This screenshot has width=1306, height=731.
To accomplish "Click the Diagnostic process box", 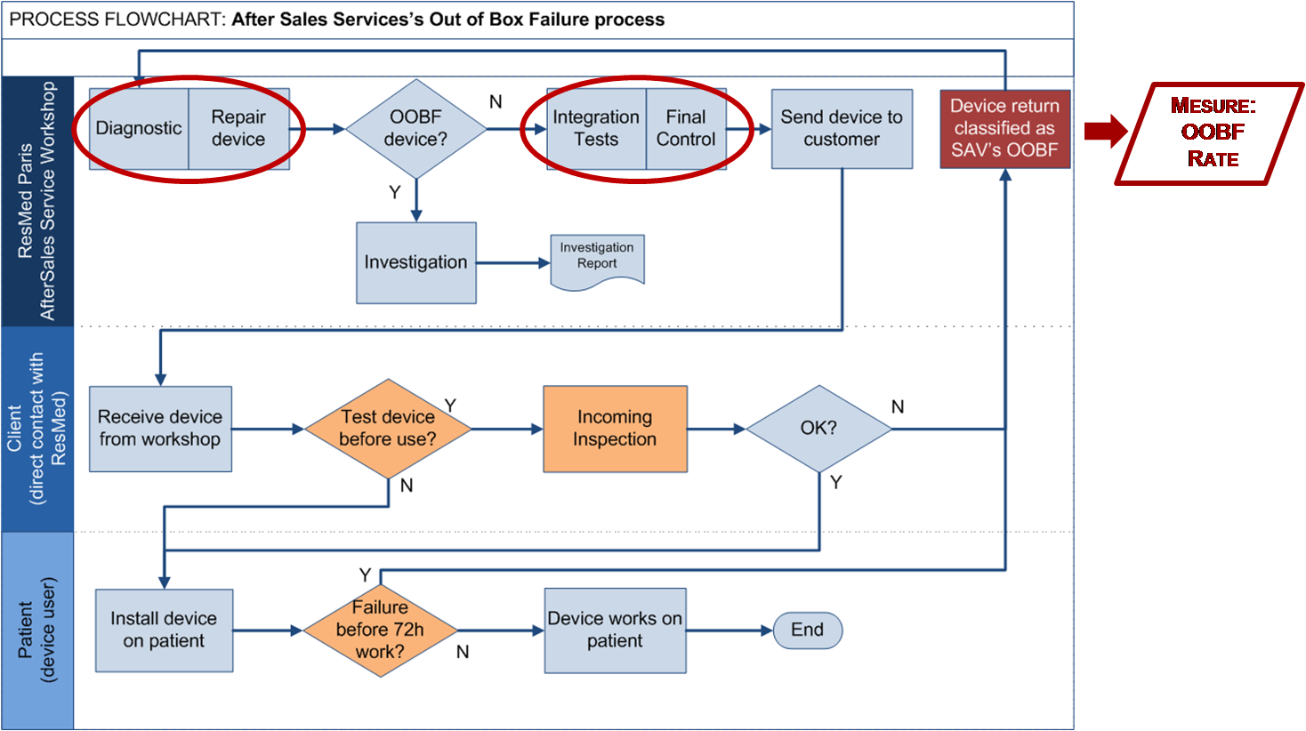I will pyautogui.click(x=139, y=129).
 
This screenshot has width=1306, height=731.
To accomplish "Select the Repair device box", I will pyautogui.click(x=238, y=129).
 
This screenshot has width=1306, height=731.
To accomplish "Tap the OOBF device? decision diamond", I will pyautogui.click(x=415, y=129).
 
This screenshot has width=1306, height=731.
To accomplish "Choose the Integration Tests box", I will pyautogui.click(x=596, y=129).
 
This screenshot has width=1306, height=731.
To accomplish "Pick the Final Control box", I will pyautogui.click(x=686, y=129).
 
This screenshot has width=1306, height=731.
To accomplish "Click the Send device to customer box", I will pyautogui.click(x=842, y=129).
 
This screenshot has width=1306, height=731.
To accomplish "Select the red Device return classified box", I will pyautogui.click(x=1004, y=129).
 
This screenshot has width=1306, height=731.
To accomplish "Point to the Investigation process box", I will pyautogui.click(x=415, y=262).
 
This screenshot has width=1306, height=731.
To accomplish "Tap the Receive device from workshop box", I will pyautogui.click(x=160, y=429).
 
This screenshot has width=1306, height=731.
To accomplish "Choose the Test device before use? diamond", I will pyautogui.click(x=388, y=429).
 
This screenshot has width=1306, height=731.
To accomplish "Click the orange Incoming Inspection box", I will pyautogui.click(x=615, y=429).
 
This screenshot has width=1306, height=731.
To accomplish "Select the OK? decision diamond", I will pyautogui.click(x=818, y=429).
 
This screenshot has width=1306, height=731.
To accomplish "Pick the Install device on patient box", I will pyautogui.click(x=164, y=630).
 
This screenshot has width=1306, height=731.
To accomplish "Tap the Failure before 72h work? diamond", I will pyautogui.click(x=380, y=630).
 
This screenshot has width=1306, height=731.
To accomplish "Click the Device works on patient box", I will pyautogui.click(x=615, y=630).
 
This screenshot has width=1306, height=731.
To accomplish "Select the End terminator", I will pyautogui.click(x=807, y=630).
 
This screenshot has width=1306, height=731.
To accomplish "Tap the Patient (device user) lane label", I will pyautogui.click(x=37, y=630).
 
